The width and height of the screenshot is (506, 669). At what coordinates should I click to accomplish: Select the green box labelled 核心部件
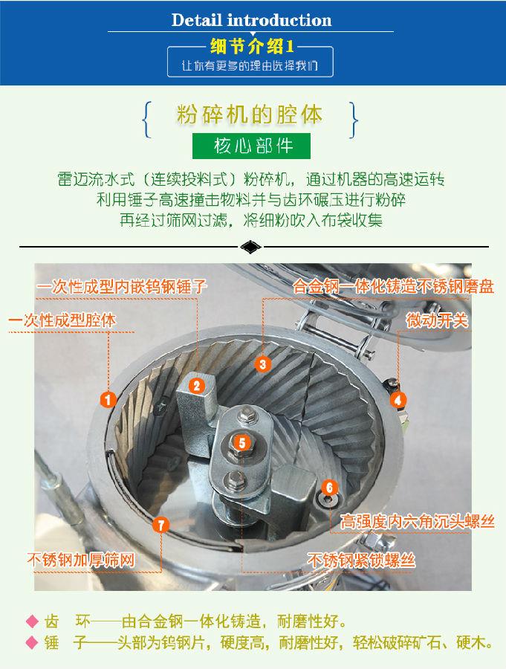253,146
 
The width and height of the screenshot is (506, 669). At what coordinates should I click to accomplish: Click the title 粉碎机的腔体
250,116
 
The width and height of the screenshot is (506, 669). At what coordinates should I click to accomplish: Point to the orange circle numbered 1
108,400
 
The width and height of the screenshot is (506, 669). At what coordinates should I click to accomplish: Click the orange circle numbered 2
196,385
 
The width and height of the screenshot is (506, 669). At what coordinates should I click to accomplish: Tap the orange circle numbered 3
262,364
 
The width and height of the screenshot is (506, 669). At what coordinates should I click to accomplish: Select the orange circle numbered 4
399,399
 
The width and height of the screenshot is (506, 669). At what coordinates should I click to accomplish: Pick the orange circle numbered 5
241,442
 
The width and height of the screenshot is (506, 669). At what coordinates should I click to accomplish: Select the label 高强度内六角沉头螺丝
417,521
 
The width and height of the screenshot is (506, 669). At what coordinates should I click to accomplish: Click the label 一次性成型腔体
62,321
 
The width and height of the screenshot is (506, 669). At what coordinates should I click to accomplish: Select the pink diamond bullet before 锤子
31,643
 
